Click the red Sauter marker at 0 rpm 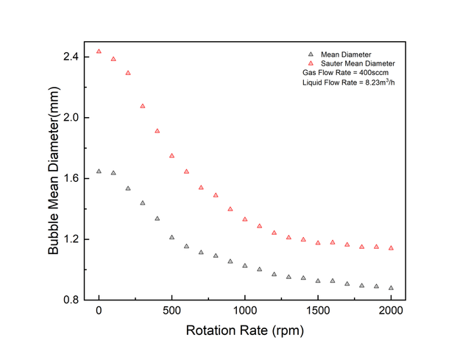coord(99,52)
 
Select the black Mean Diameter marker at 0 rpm coord(99,172)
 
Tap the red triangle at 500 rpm coord(171,156)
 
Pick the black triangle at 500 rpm coord(171,237)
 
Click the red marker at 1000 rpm coord(245,219)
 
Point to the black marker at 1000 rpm coord(245,266)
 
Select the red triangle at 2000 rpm coord(391,248)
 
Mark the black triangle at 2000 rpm coord(391,288)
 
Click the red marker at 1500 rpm coord(318,243)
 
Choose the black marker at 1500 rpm coord(318,280)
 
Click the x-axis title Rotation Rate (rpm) coord(244,331)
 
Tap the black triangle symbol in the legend coord(310,54)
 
